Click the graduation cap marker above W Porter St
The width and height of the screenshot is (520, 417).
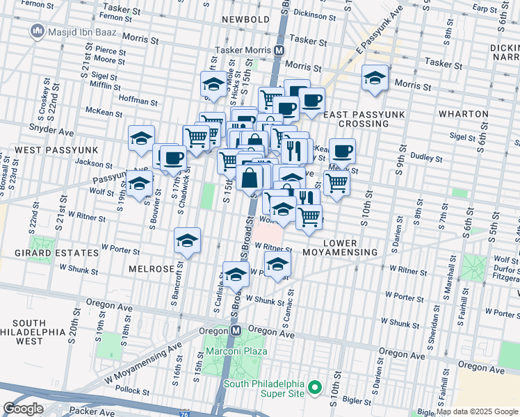186,240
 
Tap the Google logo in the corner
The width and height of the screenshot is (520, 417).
24,409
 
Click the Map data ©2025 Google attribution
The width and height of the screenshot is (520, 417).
477,411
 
